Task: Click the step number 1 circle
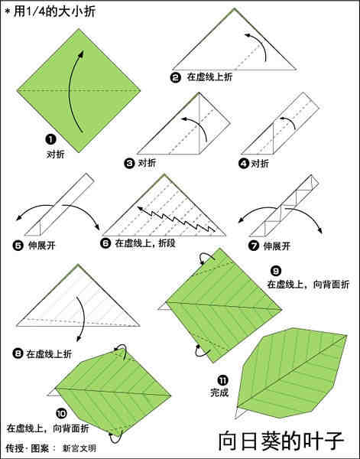(50, 139)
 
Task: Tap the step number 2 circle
(176, 77)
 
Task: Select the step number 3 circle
(129, 162)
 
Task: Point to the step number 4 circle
(244, 162)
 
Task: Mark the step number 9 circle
(276, 270)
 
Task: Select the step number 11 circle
(222, 379)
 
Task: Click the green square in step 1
(79, 90)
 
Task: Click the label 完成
(220, 393)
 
